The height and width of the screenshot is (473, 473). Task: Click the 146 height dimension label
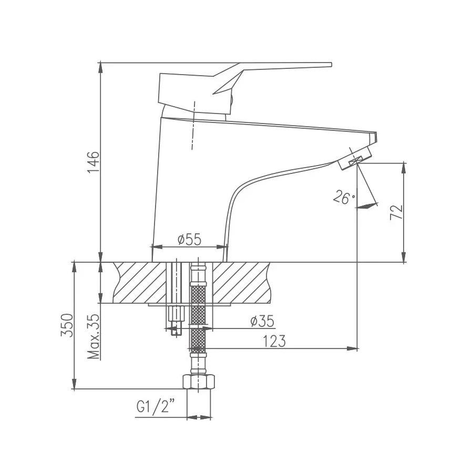93,162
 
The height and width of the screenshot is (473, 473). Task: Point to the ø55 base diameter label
189,240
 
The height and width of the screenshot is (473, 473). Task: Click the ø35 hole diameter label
262,321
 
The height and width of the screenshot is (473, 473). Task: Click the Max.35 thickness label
94,337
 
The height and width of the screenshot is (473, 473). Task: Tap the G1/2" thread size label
155,407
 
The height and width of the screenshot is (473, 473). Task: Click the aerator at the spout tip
356,159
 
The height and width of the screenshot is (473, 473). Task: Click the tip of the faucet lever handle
330,65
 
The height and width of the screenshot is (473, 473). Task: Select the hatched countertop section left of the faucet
139,282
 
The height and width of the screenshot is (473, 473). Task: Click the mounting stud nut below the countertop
176,316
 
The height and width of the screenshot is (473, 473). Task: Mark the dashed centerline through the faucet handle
193,126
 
